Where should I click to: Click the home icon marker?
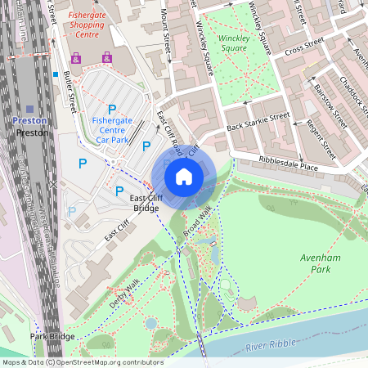[x=184, y=176]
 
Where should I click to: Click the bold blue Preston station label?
[x=29, y=120]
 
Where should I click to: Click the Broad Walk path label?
[x=197, y=222]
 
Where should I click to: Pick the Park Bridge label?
[x=52, y=337]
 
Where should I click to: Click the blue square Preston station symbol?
[x=30, y=108]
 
